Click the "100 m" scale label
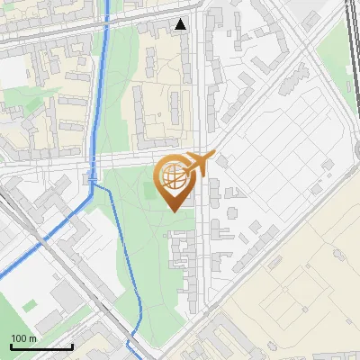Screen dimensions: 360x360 click(23, 337)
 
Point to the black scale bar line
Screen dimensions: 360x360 click(40, 346)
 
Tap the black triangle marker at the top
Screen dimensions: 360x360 click(182, 24)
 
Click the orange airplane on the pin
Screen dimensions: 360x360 click(197, 166)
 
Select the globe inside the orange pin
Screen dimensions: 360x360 click(172, 178)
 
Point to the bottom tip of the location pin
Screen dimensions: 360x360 click(173, 211)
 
